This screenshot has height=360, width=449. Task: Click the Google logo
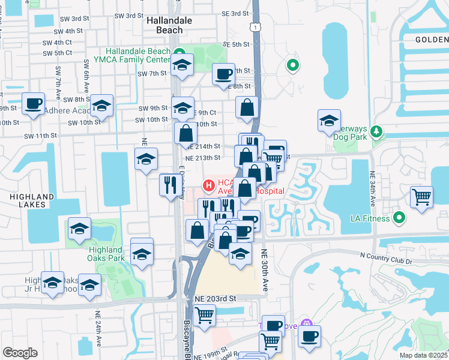20,353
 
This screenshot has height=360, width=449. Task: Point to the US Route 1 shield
256,28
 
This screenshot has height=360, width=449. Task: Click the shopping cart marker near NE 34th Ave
422,196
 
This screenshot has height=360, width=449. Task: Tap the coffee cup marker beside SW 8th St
33,103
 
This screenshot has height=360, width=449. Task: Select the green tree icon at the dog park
377,130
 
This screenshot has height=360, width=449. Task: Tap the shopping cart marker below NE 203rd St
205,314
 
